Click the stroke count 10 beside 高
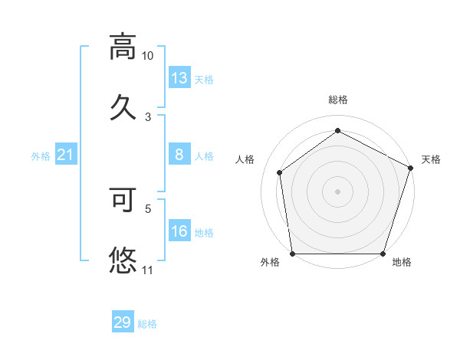(147, 56)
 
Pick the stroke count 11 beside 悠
(147, 270)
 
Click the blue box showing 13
(179, 78)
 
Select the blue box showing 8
(179, 155)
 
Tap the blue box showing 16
(179, 231)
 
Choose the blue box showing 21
(66, 155)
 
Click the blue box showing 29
(122, 322)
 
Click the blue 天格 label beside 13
(204, 79)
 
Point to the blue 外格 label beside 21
(41, 156)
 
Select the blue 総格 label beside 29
(147, 323)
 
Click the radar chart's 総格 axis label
(338, 100)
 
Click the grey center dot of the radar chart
(338, 191)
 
